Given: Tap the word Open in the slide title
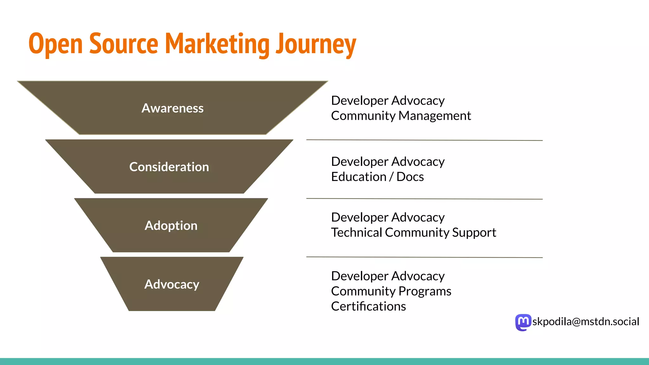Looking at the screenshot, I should [56, 44].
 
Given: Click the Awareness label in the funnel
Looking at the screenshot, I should [172, 108].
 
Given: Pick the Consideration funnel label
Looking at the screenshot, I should [169, 167].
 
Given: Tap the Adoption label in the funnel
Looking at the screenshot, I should [171, 226].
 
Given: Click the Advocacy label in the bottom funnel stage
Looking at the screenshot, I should [171, 284].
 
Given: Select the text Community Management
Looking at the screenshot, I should [401, 116].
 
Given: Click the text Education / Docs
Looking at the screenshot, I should [377, 177].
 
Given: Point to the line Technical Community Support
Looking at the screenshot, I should [413, 233].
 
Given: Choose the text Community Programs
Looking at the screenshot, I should [391, 291].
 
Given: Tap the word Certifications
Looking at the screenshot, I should [368, 306].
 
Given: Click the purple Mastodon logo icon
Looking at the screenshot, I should [523, 322].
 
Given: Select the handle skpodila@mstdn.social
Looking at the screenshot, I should [586, 322].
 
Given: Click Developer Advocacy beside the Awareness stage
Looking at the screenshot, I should [388, 100].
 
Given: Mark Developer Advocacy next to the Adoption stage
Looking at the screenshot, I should [388, 217].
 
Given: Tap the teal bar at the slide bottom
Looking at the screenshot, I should [324, 362].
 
